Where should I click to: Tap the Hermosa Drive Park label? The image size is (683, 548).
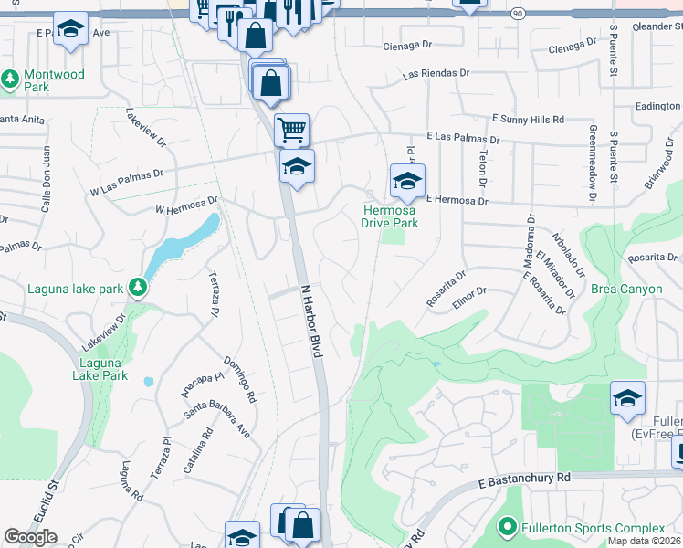389,216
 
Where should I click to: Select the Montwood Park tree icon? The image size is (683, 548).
11,79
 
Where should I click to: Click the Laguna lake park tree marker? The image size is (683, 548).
138,289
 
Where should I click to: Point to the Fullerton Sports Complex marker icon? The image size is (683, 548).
507,528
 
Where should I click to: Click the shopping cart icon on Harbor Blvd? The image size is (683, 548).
291,130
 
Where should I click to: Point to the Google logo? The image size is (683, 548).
30,537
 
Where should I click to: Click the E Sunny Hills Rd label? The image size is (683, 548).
528,119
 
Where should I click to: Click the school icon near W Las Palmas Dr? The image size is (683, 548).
297,166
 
